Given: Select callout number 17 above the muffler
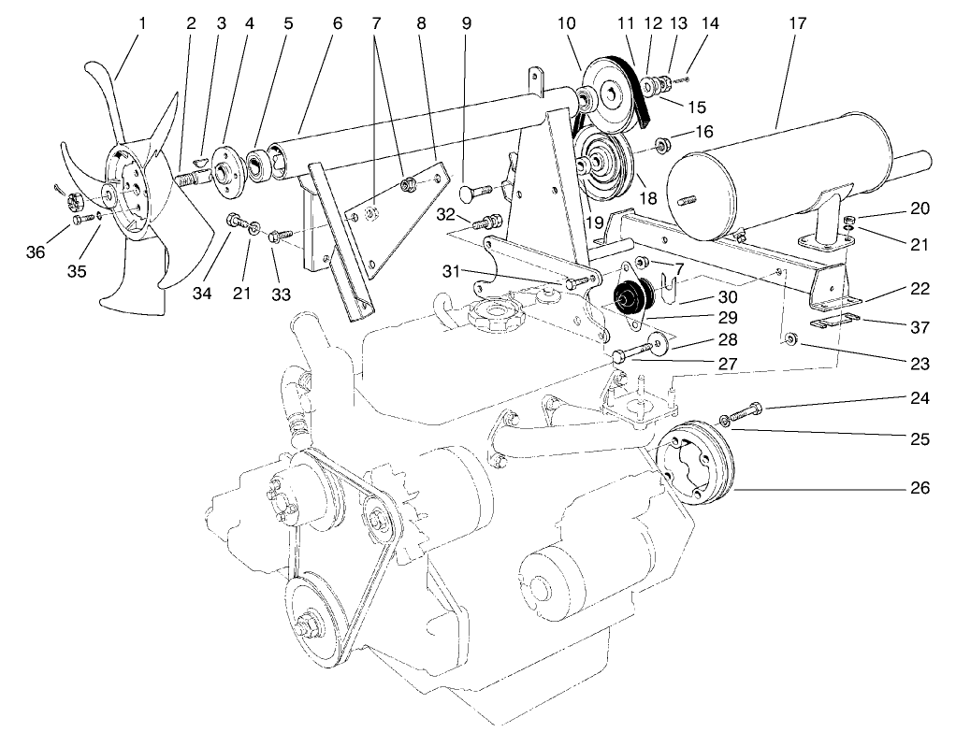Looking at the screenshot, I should [x=797, y=22].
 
